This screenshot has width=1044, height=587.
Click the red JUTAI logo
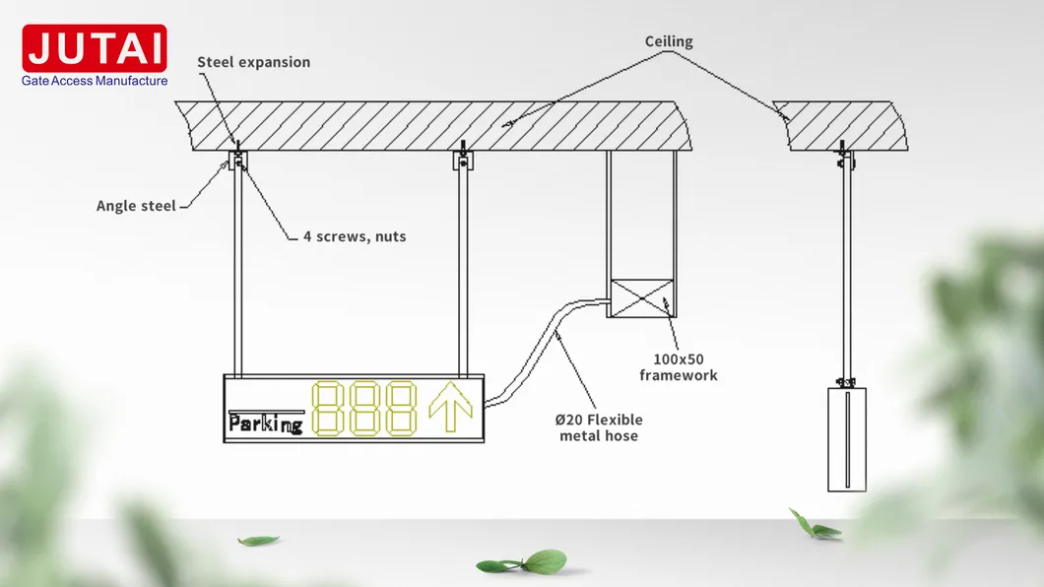(95, 48)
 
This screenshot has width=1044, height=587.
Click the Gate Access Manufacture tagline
(95, 81)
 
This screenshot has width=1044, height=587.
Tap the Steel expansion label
(253, 62)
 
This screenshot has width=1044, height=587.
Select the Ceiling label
(669, 41)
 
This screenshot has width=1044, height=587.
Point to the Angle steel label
(136, 206)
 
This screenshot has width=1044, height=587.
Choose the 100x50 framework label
(678, 367)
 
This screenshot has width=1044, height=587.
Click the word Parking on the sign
(265, 424)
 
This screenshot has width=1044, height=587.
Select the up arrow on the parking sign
(451, 408)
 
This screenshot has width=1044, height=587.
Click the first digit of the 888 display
(328, 409)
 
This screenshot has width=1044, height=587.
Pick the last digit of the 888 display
(402, 409)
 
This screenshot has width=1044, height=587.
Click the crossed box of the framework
(641, 298)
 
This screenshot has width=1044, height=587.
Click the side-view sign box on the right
(846, 438)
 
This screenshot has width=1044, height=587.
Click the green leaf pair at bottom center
(522, 563)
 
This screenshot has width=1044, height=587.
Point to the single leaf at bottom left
(258, 541)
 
